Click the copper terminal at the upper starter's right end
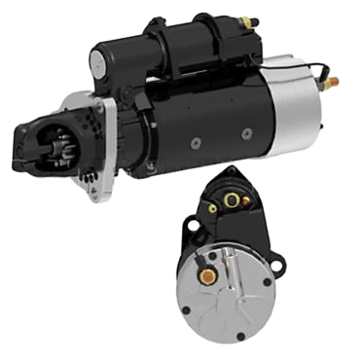(x=333, y=83)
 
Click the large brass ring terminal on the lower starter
(x=232, y=200)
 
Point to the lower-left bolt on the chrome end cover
(x=189, y=311)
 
